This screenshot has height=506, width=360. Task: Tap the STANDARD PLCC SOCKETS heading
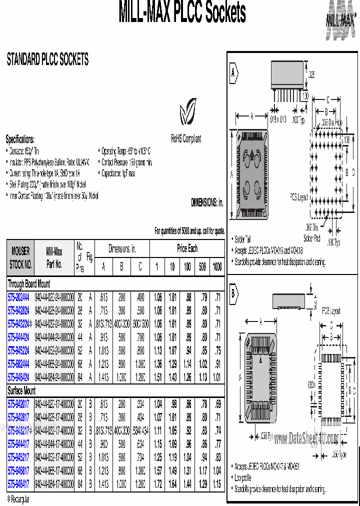click(47, 60)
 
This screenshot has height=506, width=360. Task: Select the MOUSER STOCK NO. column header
click(20, 257)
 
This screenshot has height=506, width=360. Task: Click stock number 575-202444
click(18, 296)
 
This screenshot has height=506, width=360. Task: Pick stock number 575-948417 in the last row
click(18, 484)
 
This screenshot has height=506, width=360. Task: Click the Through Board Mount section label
click(28, 283)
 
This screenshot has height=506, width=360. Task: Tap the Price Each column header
click(187, 248)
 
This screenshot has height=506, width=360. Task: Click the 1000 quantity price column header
click(217, 267)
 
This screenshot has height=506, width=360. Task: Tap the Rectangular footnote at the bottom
click(18, 499)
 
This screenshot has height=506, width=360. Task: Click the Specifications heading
click(20, 139)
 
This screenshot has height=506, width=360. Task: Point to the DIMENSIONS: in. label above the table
click(206, 202)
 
